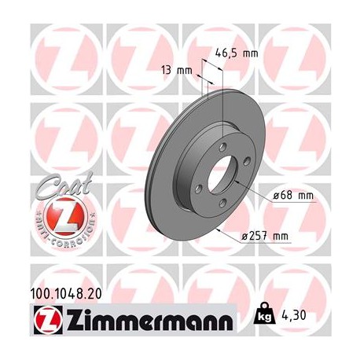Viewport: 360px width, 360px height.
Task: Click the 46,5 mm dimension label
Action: point(237,53)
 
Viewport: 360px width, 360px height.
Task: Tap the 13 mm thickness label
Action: point(182,70)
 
